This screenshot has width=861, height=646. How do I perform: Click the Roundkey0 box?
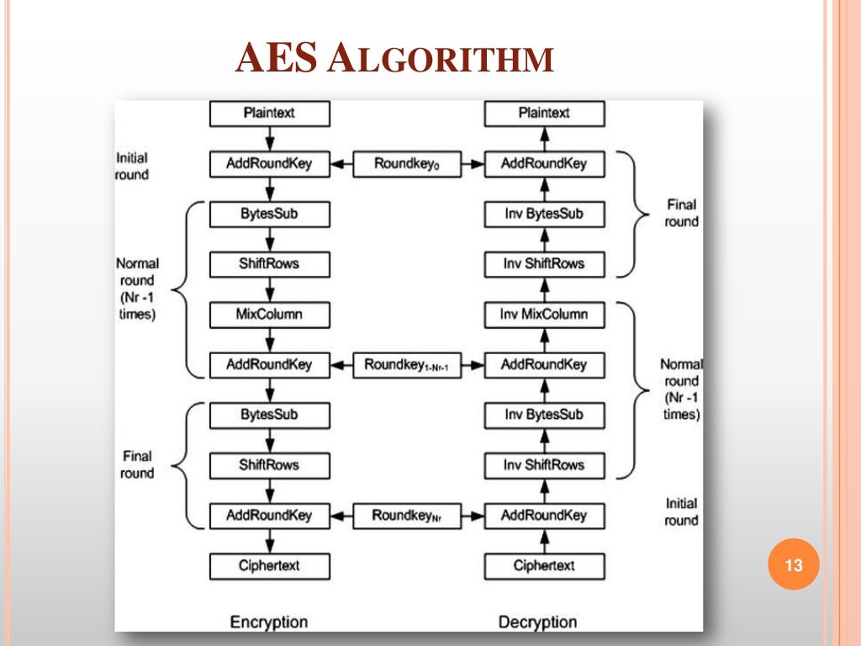pyautogui.click(x=407, y=164)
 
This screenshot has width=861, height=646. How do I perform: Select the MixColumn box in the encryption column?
pyautogui.click(x=269, y=315)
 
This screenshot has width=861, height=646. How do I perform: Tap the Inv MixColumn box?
pyautogui.click(x=544, y=315)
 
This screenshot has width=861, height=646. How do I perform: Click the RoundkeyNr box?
pyautogui.click(x=407, y=516)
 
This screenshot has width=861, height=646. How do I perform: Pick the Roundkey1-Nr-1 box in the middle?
pyautogui.click(x=407, y=365)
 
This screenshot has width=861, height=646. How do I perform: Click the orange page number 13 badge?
pyautogui.click(x=794, y=566)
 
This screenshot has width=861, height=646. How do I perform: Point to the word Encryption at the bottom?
pyautogui.click(x=269, y=622)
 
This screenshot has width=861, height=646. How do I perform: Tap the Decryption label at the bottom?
pyautogui.click(x=537, y=622)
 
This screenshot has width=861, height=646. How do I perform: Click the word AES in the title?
pyautogui.click(x=276, y=60)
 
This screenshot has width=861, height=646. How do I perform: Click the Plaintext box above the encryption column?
pyautogui.click(x=269, y=114)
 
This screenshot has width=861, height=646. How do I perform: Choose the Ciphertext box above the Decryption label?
pyautogui.click(x=544, y=566)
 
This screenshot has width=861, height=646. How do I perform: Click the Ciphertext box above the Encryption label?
pyautogui.click(x=269, y=566)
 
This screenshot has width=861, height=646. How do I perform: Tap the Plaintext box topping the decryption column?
pyautogui.click(x=544, y=114)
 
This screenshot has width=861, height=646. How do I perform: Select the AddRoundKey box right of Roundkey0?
pyautogui.click(x=544, y=164)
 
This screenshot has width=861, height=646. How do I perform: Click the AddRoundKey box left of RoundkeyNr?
pyautogui.click(x=269, y=516)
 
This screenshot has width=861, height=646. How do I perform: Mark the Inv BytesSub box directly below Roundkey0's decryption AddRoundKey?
pyautogui.click(x=544, y=214)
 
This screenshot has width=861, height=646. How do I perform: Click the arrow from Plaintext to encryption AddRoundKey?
pyautogui.click(x=269, y=138)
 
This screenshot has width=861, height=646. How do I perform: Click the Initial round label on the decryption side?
pyautogui.click(x=681, y=511)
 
